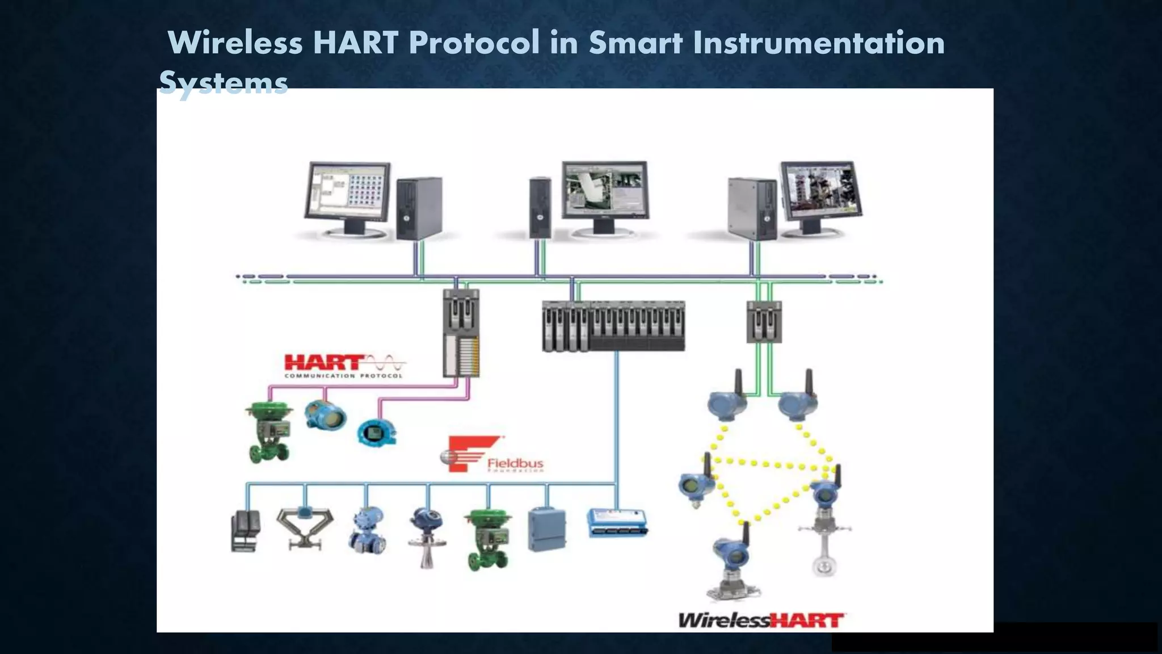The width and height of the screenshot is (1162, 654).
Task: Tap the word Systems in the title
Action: (x=224, y=83)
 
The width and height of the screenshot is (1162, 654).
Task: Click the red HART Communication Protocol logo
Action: (x=344, y=366)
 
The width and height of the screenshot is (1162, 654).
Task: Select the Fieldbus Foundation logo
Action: (x=491, y=455)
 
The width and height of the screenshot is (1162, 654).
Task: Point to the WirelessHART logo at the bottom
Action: (x=762, y=620)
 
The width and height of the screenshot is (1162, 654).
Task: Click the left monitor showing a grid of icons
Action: (x=347, y=191)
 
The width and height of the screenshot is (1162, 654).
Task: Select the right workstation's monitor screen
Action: (x=820, y=189)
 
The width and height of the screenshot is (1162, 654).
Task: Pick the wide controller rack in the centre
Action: (x=613, y=326)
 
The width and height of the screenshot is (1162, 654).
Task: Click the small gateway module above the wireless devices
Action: (x=764, y=322)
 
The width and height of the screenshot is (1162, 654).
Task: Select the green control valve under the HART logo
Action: (x=269, y=432)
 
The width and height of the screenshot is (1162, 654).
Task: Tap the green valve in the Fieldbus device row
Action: (x=487, y=539)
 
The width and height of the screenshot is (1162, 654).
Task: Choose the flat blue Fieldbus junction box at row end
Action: (x=617, y=523)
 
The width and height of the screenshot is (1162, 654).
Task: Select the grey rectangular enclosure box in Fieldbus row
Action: (x=547, y=530)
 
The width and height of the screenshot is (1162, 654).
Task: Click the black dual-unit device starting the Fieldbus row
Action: (x=246, y=531)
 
